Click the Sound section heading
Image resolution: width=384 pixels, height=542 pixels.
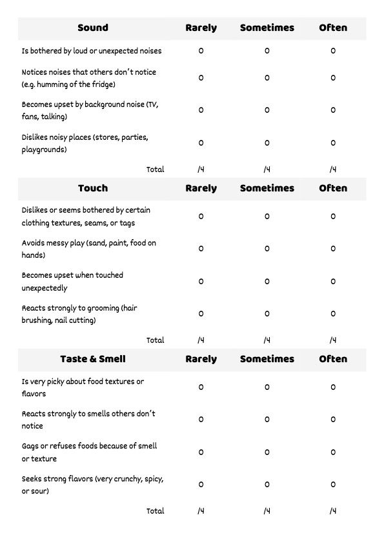93,28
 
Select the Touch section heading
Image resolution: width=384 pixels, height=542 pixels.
93,188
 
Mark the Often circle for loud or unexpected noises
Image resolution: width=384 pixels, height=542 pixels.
333,51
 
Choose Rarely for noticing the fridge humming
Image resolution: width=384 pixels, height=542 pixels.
201,78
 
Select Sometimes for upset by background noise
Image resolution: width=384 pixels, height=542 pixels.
267,110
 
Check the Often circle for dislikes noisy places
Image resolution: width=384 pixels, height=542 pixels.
333,143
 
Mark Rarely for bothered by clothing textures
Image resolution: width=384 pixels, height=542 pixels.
201,217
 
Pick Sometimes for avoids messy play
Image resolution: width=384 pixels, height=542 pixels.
267,249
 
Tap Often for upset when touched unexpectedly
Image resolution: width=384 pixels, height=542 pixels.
333,282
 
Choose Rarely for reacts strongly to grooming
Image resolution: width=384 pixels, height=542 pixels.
201,314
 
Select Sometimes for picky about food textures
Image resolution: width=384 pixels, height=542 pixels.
267,387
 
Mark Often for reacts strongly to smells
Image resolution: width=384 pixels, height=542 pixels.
333,420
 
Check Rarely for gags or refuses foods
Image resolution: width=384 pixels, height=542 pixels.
201,452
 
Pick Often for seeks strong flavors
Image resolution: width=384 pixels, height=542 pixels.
333,485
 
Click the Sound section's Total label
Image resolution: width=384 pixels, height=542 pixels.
156,169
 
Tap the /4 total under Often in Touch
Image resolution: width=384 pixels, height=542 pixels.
333,340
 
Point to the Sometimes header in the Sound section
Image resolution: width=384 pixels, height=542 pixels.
267,28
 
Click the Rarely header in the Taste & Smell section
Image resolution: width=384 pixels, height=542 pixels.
201,359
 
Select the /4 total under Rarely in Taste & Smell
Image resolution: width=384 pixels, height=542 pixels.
201,511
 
